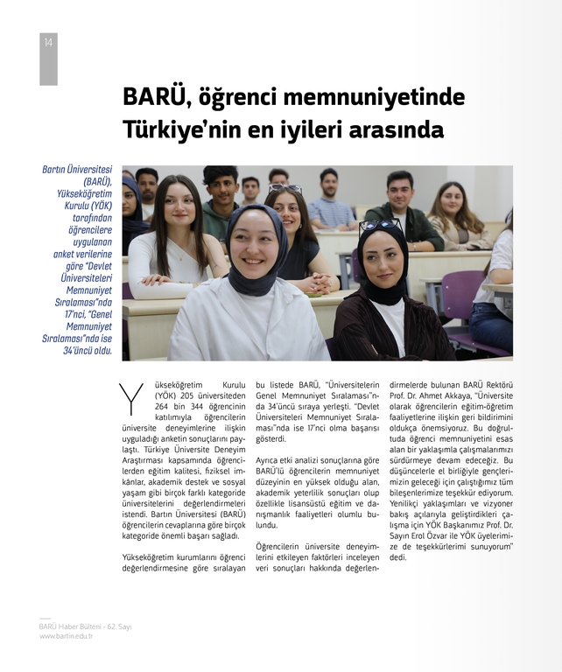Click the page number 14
47,43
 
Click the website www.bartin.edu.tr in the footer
66,636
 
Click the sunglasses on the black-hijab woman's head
379,225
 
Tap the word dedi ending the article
398,556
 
